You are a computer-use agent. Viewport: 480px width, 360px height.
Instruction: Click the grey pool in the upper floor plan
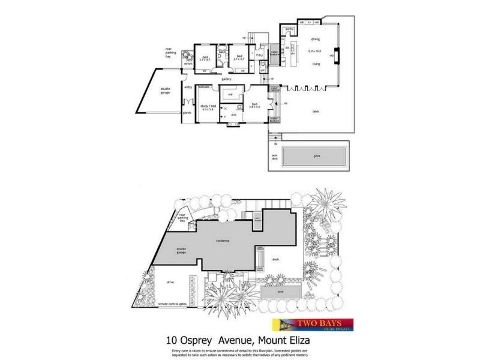pos(314,157)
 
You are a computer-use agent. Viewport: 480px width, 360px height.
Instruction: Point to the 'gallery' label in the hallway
pos(226,79)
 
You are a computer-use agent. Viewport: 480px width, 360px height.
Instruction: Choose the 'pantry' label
pos(289,28)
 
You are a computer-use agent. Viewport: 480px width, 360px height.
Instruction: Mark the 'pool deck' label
pos(274,158)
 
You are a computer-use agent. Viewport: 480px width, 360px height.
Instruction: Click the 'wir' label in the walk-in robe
pos(231,94)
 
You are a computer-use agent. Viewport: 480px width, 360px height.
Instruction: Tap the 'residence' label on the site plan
pos(224,241)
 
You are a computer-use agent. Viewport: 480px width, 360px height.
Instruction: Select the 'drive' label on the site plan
pos(170,281)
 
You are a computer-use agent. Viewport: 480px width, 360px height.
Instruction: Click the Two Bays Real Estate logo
pos(313,325)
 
